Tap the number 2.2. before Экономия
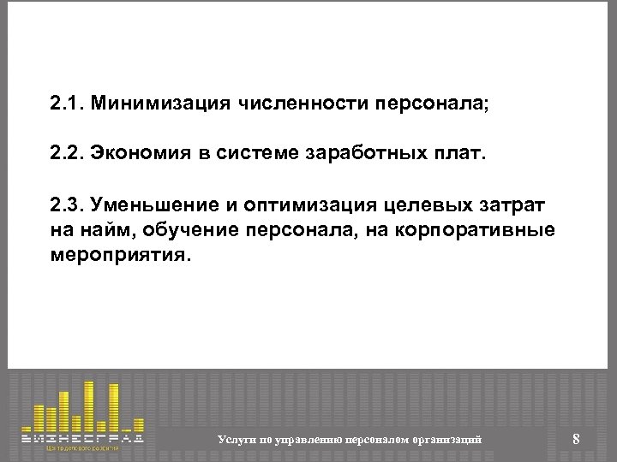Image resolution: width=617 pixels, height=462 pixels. [66, 157]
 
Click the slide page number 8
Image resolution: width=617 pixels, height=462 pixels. [576, 439]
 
